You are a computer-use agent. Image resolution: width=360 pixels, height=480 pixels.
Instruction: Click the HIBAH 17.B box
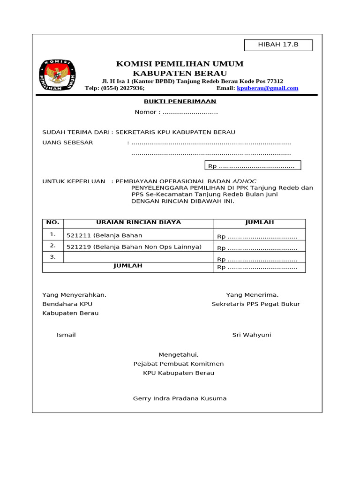coord(278,45)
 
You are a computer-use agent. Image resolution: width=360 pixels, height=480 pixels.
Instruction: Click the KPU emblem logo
coord(58,75)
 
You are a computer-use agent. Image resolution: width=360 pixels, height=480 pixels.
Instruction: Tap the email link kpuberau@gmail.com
coord(268,88)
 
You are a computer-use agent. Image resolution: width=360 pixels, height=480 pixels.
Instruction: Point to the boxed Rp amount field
coord(253,166)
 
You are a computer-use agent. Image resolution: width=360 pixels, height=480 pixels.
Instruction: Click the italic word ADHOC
coord(245,181)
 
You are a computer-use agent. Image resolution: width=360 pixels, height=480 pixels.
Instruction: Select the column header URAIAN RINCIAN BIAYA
coord(138,223)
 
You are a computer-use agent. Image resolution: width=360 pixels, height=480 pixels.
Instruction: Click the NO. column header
coord(52,223)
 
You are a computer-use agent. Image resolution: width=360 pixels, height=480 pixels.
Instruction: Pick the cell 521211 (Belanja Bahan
coord(105,235)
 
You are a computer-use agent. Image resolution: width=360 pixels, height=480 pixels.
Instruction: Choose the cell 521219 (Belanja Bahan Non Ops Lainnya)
coord(134,247)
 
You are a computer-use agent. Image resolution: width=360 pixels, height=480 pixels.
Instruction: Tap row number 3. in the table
coord(52,257)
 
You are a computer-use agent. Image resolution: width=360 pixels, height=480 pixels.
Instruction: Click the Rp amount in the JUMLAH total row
coord(256,268)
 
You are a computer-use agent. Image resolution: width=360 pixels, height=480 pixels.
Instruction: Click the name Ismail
coord(66,335)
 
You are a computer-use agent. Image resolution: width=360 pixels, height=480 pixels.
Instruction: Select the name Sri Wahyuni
coord(252,335)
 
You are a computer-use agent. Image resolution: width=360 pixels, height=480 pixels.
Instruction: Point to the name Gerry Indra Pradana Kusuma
coord(180,398)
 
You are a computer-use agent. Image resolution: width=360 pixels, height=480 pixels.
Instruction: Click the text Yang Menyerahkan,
coord(75,295)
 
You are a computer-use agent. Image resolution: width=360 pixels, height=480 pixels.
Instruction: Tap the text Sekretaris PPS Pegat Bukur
coord(255,304)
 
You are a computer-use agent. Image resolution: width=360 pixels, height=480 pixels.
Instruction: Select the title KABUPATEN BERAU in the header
coord(180,73)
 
